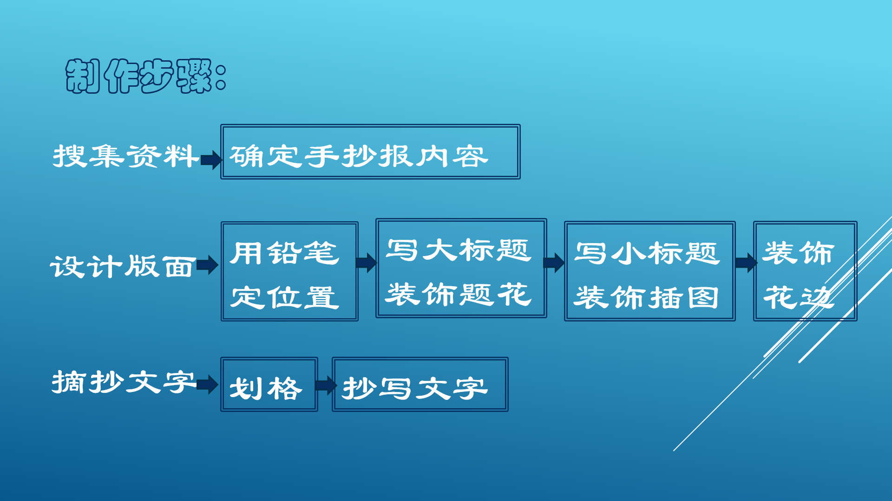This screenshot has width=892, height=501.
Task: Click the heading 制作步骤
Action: (145, 76)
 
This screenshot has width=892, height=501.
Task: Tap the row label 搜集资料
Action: (125, 156)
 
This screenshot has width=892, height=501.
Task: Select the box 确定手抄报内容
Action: (370, 152)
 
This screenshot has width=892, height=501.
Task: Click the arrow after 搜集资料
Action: (211, 160)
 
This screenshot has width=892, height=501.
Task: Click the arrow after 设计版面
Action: (207, 265)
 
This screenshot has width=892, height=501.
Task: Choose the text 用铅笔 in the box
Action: (284, 253)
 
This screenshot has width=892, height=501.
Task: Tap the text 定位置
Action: (284, 297)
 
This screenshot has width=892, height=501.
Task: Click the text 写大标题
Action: (459, 250)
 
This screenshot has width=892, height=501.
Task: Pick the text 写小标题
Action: (647, 253)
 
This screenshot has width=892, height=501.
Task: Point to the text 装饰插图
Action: (647, 297)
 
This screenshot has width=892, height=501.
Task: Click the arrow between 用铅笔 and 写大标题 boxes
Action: (366, 263)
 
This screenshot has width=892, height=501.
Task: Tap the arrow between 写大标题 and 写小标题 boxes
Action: (554, 263)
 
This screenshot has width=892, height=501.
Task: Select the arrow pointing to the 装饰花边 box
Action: (746, 263)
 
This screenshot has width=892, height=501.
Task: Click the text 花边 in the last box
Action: (798, 297)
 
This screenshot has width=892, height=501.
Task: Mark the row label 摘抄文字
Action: (123, 382)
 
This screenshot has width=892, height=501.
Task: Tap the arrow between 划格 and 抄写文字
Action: (325, 385)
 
